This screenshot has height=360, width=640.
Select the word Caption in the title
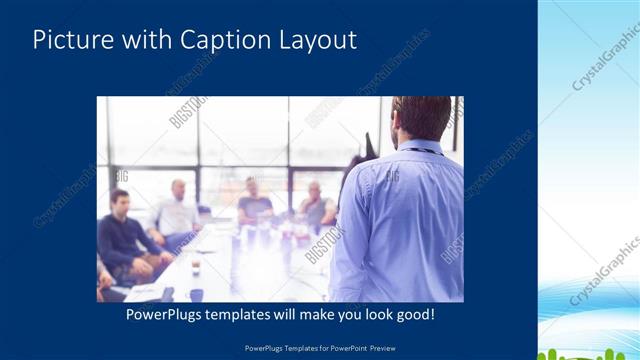coord(220,40)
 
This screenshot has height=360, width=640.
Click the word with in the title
coord(146,40)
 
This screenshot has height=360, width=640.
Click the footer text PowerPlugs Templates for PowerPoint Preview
coord(319,349)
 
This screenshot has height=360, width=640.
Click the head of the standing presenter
coord(420,118)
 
